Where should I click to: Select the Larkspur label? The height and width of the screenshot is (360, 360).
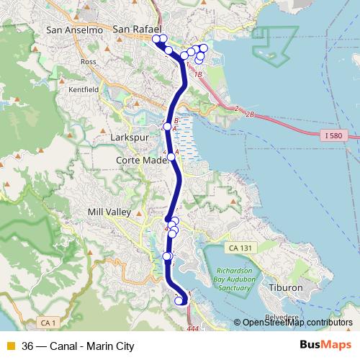[x=131, y=136]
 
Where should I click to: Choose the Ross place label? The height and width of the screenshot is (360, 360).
[x=89, y=62]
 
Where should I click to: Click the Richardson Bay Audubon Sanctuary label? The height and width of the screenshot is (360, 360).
[x=230, y=280]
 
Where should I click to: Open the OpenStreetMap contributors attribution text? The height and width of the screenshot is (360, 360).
[x=297, y=323]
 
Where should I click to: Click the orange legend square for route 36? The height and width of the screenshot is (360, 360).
[x=10, y=346]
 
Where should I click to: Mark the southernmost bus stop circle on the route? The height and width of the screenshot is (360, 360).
[x=179, y=301]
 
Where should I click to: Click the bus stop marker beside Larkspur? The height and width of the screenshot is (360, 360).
[x=167, y=126]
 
